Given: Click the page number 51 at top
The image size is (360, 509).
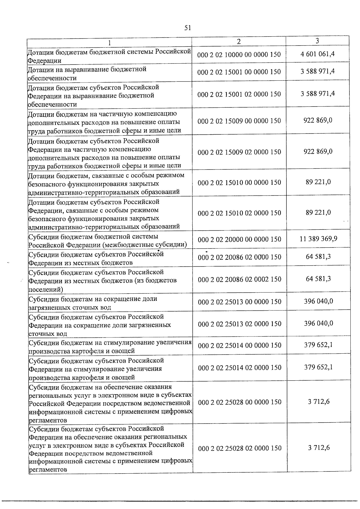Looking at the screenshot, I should point(187,28).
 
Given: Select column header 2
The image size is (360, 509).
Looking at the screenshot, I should point(238,42).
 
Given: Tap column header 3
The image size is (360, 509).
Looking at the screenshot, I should point(317,41).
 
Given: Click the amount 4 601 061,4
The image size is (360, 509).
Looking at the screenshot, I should point(318,54).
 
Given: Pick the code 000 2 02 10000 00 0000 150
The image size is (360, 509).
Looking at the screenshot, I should point(239,55).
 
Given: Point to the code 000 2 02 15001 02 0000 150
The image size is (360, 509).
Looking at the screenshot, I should point(239,94).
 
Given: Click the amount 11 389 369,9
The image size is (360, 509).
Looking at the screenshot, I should point(318,239).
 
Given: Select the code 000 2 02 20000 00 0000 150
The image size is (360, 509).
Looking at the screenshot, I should point(240,239).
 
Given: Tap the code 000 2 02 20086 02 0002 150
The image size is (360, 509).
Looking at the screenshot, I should point(240,280).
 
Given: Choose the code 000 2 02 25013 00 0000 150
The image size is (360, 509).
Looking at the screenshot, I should point(240,302).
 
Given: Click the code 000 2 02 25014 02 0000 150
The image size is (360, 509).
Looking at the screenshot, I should point(240,368).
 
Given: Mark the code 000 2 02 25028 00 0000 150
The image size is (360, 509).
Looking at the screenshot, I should point(240,402).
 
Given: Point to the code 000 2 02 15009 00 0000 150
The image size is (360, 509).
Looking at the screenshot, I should point(239,121).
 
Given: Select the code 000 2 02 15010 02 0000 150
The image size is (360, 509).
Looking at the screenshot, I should point(239,213).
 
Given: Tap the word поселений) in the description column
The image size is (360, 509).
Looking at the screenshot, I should point(46,289).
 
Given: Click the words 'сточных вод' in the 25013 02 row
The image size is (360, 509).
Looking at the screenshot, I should point(48,334).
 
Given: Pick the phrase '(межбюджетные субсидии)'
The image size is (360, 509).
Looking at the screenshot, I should point(145,245).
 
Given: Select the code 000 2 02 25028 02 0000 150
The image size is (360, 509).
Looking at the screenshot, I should point(240,448).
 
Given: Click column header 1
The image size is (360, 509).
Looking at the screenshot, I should point(109,43).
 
